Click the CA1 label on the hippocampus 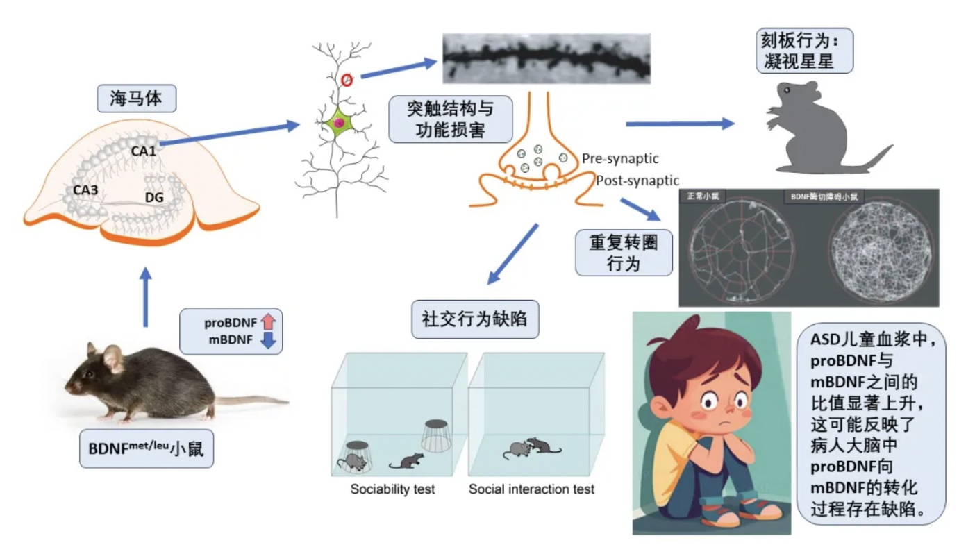click(x=143, y=149)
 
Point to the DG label click(x=154, y=199)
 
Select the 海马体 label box click(x=135, y=99)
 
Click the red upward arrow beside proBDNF click(x=269, y=322)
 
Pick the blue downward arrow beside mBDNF click(x=269, y=339)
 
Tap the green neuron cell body click(x=339, y=122)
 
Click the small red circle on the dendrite click(x=347, y=80)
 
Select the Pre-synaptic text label click(x=620, y=159)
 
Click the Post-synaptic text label click(x=637, y=181)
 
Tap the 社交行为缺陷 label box click(x=475, y=319)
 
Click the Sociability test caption click(x=392, y=489)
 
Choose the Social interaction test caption click(x=531, y=489)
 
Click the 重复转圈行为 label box click(x=622, y=253)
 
